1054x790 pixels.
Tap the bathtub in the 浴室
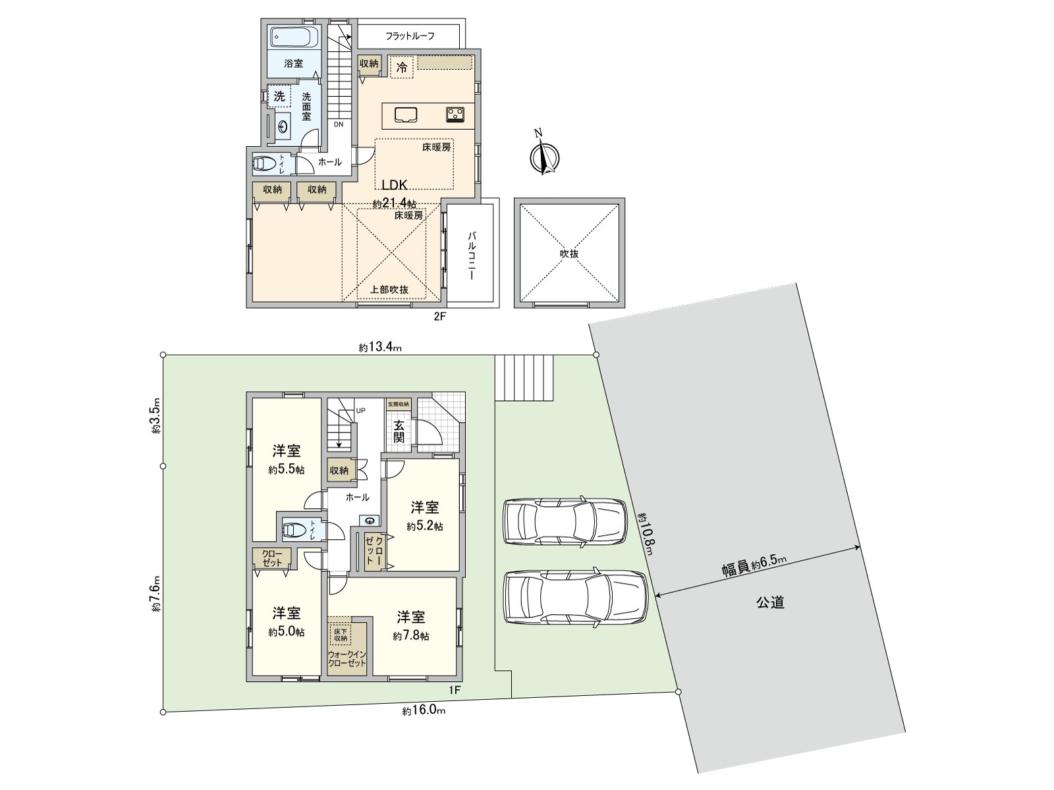294,37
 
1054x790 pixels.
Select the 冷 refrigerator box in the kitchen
401,66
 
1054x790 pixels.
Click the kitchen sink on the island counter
407,115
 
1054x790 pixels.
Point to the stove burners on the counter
455,115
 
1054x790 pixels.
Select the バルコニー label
472,256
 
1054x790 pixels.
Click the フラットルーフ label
410,36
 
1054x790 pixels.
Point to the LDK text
395,185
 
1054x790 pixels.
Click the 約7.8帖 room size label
411,636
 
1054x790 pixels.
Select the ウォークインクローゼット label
347,659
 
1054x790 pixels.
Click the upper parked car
565,521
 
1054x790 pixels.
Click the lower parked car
574,596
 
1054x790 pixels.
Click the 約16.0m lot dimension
424,711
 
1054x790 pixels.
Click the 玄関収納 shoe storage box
398,404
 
